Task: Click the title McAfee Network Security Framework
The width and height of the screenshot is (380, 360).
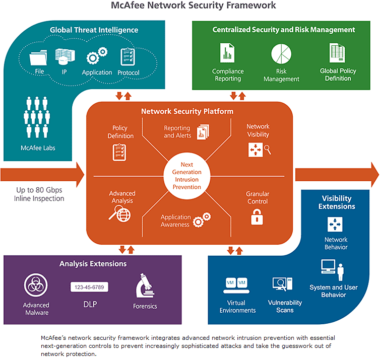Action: tap(193, 6)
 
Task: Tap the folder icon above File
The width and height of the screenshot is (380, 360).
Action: tap(38, 59)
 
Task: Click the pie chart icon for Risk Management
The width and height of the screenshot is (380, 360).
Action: tap(281, 54)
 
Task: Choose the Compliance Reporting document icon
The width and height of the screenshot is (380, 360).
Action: tap(228, 53)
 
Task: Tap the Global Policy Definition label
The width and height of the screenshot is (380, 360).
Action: tap(338, 75)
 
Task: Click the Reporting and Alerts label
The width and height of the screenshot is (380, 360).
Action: tap(177, 132)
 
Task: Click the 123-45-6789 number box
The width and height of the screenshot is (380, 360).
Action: tap(89, 287)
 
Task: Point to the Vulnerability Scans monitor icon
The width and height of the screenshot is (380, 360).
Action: tap(282, 285)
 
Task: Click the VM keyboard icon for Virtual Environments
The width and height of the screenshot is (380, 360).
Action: tap(236, 285)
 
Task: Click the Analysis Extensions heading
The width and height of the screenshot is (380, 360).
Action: tap(93, 263)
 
